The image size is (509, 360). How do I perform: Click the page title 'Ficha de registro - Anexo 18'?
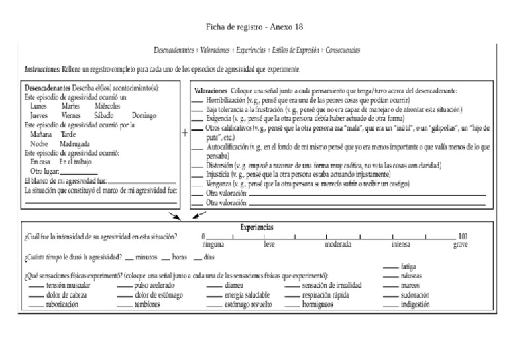[254, 26]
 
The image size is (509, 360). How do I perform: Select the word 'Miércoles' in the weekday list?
[107, 106]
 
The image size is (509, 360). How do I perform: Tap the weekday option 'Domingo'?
[144, 115]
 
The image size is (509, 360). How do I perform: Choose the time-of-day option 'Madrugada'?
[75, 143]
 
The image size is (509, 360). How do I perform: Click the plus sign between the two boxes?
[184, 133]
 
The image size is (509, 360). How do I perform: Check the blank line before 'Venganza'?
[198, 184]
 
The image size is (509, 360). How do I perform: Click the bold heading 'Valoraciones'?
[211, 91]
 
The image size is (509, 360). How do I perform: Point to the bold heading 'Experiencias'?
[256, 227]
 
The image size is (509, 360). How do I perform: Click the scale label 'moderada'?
[337, 244]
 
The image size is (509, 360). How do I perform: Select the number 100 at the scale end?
[463, 237]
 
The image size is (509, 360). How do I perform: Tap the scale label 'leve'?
[269, 244]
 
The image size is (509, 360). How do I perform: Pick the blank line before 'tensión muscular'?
[36, 286]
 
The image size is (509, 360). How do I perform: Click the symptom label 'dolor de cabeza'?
[67, 295]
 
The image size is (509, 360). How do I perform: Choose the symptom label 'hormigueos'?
[318, 305]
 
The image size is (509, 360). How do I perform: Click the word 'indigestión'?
[415, 305]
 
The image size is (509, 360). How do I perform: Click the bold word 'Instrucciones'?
[42, 69]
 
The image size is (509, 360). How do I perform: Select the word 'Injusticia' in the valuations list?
[219, 174]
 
